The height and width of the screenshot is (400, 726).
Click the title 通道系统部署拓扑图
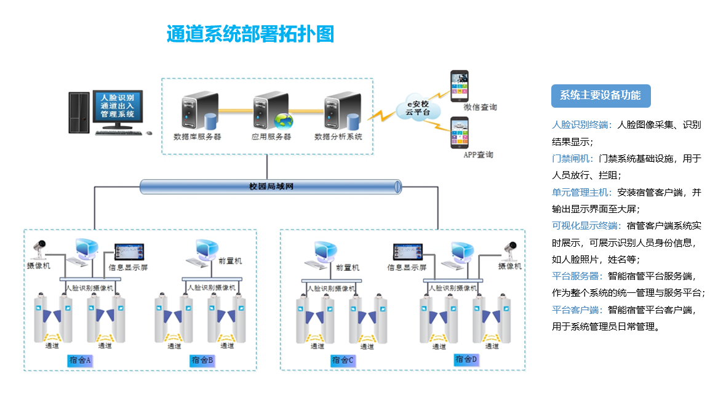coord(250,34)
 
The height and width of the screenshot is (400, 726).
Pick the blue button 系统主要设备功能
coord(600,95)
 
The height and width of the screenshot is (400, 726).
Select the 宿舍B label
coord(202,360)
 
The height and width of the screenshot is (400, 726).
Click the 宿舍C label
coord(343,360)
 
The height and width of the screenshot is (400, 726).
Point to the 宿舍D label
coord(466,359)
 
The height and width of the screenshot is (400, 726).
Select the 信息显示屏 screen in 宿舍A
coord(129,252)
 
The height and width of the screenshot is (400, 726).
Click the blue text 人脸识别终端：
coord(581,125)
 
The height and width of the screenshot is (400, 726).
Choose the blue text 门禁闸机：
coord(573,158)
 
